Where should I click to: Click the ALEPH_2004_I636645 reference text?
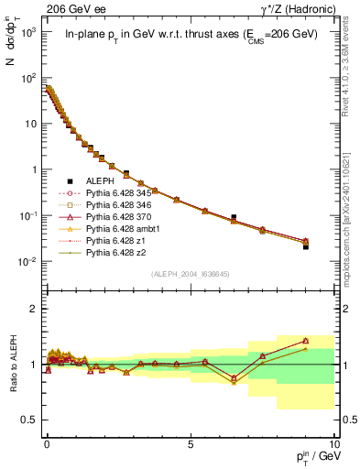(x=190, y=274)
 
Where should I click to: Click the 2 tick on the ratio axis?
(x=35, y=309)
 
